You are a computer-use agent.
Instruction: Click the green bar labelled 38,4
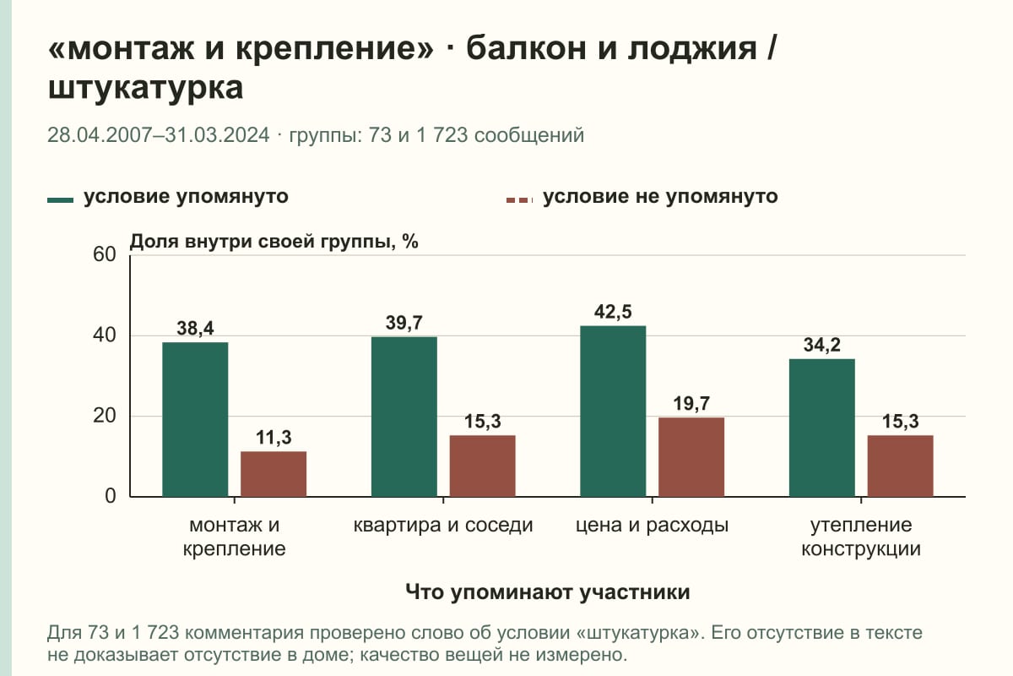[x=195, y=419]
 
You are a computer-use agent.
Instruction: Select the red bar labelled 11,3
[x=274, y=474]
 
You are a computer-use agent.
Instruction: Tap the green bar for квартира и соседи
[x=404, y=417]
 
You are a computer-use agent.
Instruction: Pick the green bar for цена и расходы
[x=613, y=412]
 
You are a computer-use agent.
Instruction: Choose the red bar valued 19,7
[x=691, y=457]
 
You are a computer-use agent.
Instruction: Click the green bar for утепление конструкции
[x=821, y=428]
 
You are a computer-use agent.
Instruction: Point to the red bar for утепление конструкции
[x=900, y=466]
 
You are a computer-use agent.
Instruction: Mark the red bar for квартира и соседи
[x=482, y=466]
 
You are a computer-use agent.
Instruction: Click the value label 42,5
[x=613, y=312]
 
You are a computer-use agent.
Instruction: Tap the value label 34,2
[x=821, y=345]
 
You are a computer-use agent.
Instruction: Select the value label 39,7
[x=404, y=323]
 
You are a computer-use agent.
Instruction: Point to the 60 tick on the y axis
[x=105, y=254]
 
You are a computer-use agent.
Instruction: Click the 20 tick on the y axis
[x=105, y=416]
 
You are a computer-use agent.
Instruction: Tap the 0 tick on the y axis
[x=111, y=496]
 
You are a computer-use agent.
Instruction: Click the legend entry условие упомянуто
[x=168, y=197]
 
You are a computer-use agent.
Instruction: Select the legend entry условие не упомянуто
[x=642, y=197]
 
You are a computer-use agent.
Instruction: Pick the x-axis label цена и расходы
[x=652, y=526]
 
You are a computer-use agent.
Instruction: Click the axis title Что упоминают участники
[x=547, y=591]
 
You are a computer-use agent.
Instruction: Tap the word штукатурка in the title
[x=145, y=88]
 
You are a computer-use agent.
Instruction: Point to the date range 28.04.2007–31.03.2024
[x=159, y=135]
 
